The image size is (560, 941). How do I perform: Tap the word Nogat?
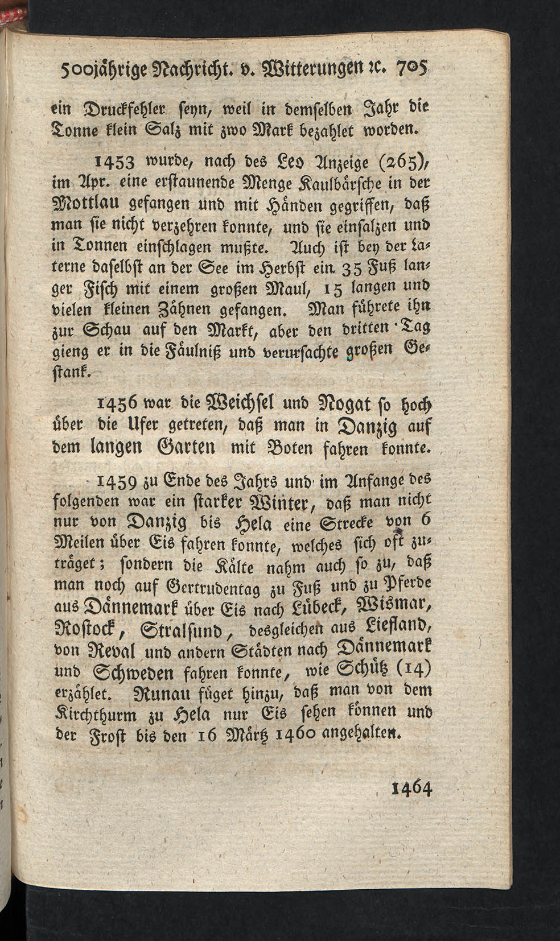pos(324,408)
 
